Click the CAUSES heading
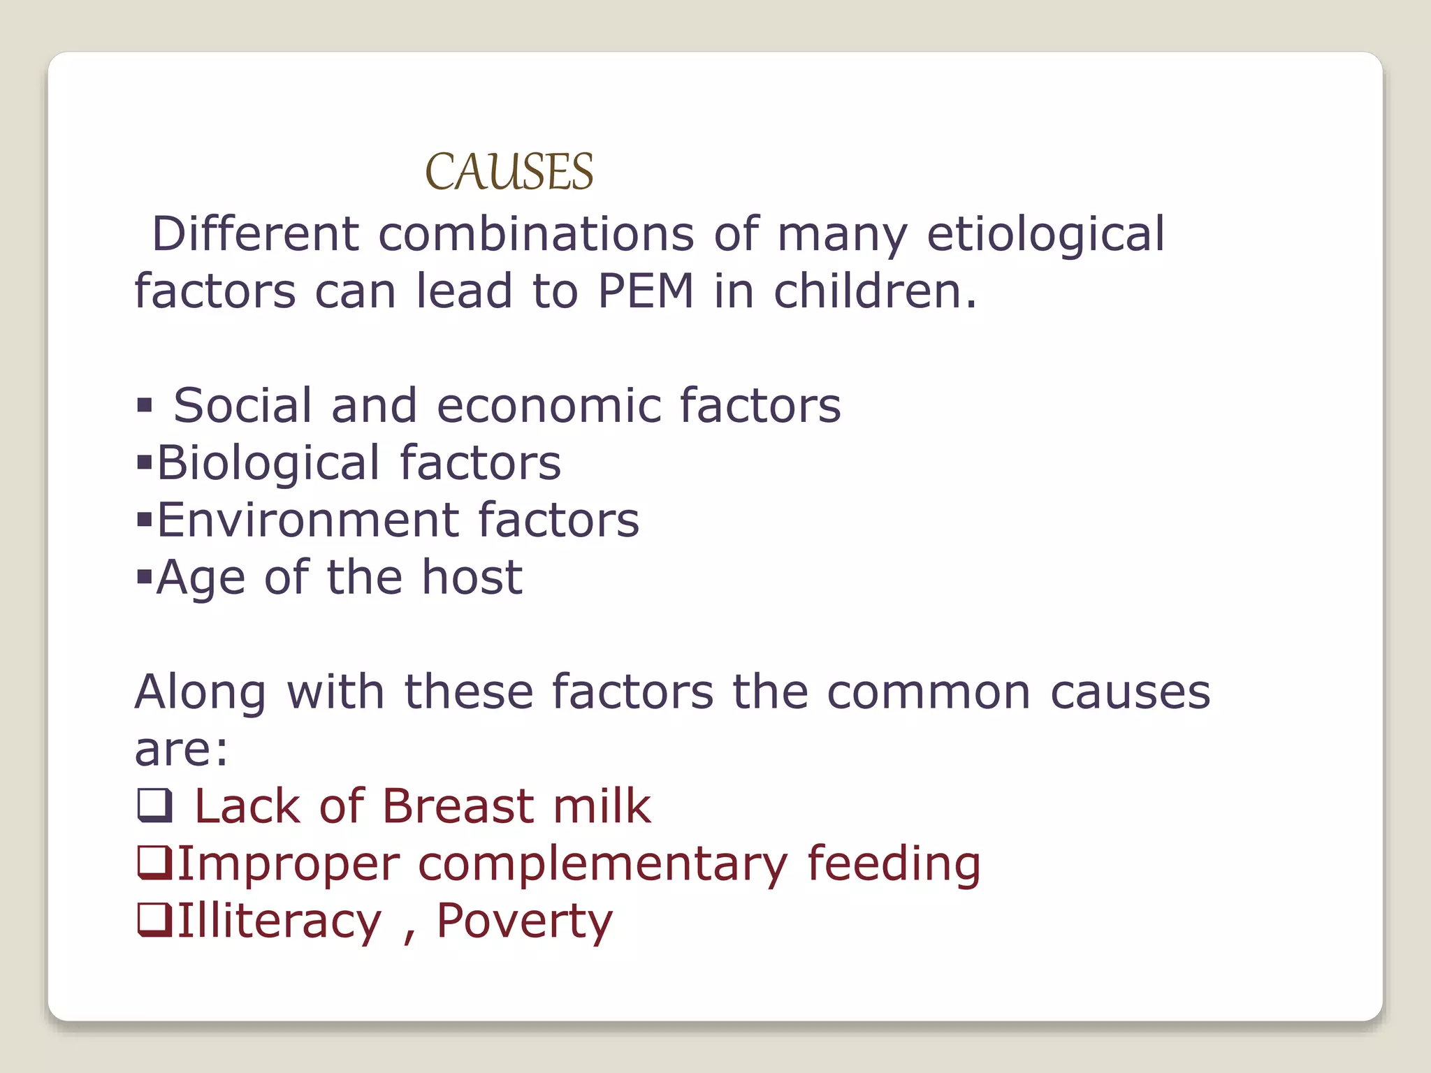pyautogui.click(x=509, y=172)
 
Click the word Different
pyautogui.click(x=256, y=233)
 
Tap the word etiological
pyautogui.click(x=1045, y=235)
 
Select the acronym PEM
pyautogui.click(x=646, y=291)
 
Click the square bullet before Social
pyautogui.click(x=145, y=405)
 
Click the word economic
pyautogui.click(x=549, y=405)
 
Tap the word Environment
pyautogui.click(x=307, y=520)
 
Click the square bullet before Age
pyautogui.click(x=145, y=577)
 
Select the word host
pyautogui.click(x=472, y=577)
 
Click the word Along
pyautogui.click(x=201, y=692)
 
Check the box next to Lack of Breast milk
pyautogui.click(x=154, y=805)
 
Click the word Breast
pyautogui.click(x=458, y=806)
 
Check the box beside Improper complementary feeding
pyautogui.click(x=154, y=863)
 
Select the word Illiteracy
pyautogui.click(x=279, y=921)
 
